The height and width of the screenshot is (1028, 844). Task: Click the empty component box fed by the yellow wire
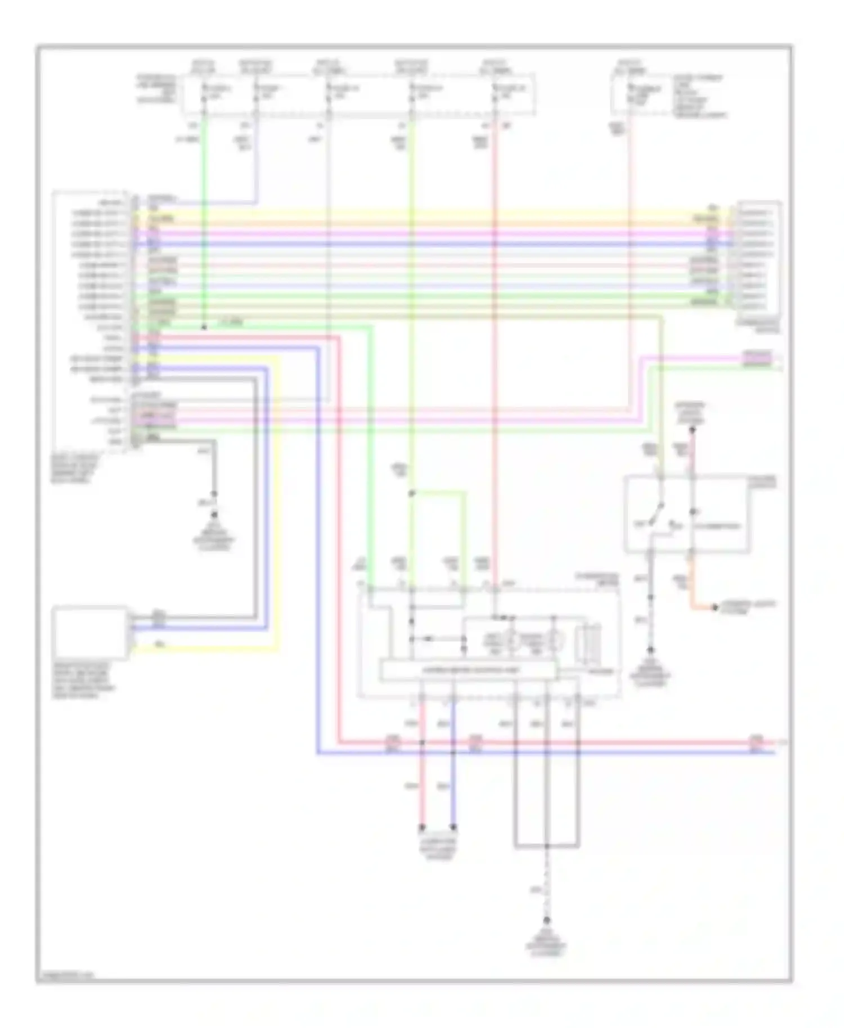pos(90,632)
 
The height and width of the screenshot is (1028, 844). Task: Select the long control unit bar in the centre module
pos(468,670)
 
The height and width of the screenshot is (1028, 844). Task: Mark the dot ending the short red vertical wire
pos(422,828)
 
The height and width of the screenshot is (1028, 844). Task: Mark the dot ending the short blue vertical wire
pos(453,828)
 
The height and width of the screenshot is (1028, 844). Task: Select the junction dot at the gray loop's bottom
pos(546,846)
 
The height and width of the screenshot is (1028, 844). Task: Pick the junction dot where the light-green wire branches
pos(411,493)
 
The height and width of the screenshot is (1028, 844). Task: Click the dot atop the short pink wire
pos(693,430)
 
